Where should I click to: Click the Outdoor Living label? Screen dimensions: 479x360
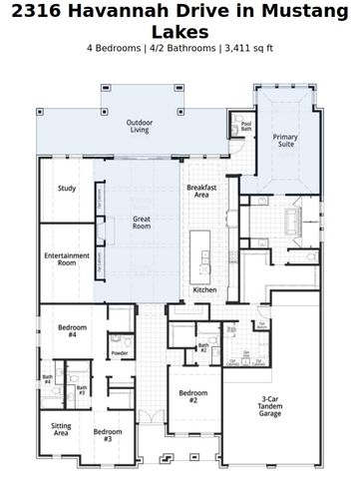point(140,126)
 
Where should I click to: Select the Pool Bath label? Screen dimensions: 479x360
point(246,127)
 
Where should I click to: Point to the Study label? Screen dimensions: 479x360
point(67,189)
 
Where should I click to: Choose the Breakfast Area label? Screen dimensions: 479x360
point(200,192)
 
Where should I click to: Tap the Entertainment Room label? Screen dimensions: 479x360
point(67,259)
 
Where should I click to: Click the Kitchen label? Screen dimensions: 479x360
point(204,289)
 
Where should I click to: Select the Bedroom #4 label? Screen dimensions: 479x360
point(67,330)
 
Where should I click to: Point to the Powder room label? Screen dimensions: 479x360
point(120,353)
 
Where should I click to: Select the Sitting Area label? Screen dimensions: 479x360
point(62,430)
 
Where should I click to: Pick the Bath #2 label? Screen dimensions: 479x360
point(202,347)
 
